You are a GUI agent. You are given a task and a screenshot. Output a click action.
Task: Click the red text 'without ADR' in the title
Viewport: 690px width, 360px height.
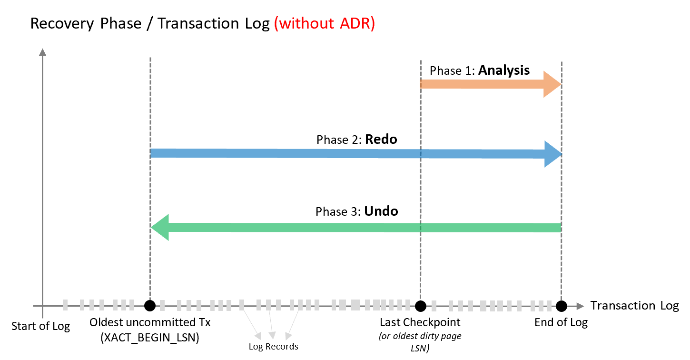[x=325, y=23]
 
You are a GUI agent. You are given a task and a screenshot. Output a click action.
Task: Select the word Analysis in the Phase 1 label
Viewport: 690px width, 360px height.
[x=503, y=70]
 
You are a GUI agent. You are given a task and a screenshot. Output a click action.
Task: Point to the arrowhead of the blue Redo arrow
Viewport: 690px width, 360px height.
[x=553, y=154]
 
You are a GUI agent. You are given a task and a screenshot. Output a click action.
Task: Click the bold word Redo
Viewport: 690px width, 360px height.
[x=381, y=140]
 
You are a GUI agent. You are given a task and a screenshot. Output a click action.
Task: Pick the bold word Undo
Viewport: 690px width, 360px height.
[x=381, y=211]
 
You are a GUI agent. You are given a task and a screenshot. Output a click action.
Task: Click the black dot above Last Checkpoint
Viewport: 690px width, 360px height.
[x=420, y=306]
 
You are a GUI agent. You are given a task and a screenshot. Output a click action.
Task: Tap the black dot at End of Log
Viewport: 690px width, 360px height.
[x=562, y=306]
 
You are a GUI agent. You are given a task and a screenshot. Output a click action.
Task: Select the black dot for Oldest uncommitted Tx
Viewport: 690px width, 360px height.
[x=150, y=306]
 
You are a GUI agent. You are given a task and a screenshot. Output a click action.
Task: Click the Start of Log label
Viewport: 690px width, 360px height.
[x=40, y=326]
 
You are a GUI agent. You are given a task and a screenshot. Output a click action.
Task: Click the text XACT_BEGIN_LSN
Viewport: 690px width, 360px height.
[x=149, y=338]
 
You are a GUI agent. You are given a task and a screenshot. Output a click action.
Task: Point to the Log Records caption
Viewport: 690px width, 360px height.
[x=273, y=347]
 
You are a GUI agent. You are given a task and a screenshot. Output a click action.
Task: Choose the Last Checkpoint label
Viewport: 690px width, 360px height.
[x=420, y=322]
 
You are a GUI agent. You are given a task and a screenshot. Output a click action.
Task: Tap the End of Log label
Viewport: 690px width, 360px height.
[x=561, y=322]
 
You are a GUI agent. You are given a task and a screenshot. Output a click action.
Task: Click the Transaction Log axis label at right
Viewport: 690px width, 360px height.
[x=634, y=306]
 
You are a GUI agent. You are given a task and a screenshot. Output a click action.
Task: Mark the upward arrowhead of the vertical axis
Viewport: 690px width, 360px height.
[x=43, y=52]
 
